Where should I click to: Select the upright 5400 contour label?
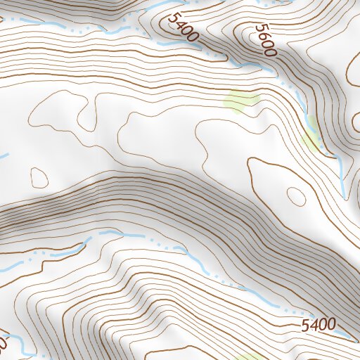[318, 325]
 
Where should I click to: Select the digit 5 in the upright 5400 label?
[305, 325]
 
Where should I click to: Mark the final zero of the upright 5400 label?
[330, 325]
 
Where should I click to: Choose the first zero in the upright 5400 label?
[322, 325]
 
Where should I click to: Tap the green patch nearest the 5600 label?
[240, 101]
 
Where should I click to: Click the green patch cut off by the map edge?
[247, 356]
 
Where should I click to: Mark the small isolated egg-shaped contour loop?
[38, 174]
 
